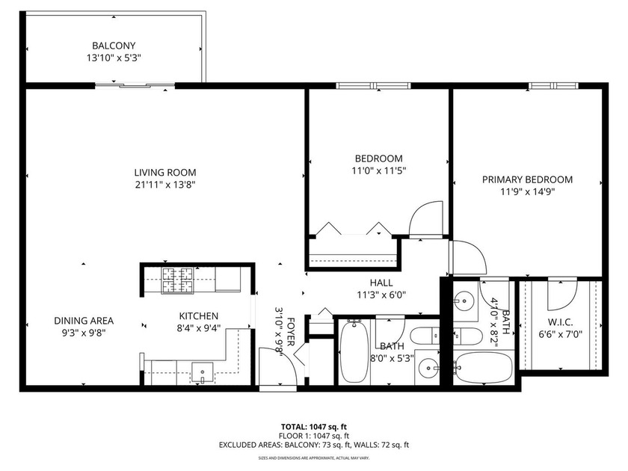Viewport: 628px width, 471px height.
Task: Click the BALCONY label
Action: coord(114,46)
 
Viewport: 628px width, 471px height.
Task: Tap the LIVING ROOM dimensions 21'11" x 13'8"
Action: coord(165,184)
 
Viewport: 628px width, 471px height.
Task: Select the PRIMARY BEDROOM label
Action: coord(527,179)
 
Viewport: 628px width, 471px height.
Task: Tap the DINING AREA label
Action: coord(84,320)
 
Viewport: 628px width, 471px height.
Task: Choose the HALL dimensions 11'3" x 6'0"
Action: coord(381,294)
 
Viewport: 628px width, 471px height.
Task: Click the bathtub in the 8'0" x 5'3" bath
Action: coord(352,351)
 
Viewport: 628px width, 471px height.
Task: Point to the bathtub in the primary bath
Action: coord(483,367)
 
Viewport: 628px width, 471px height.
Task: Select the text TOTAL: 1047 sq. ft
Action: coord(313,426)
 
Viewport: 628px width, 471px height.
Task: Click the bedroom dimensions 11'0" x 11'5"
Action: coord(378,170)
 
